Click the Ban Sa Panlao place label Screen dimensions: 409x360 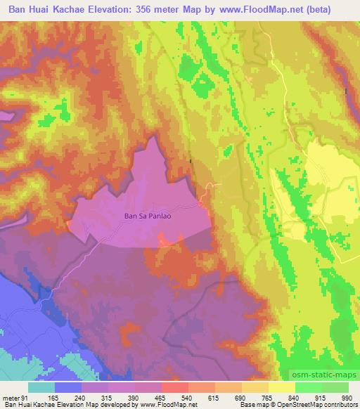pyautogui.click(x=148, y=217)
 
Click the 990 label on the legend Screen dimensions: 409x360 pyautogui.click(x=346, y=398)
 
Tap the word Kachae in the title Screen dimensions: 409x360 pyautogui.click(x=80, y=9)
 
